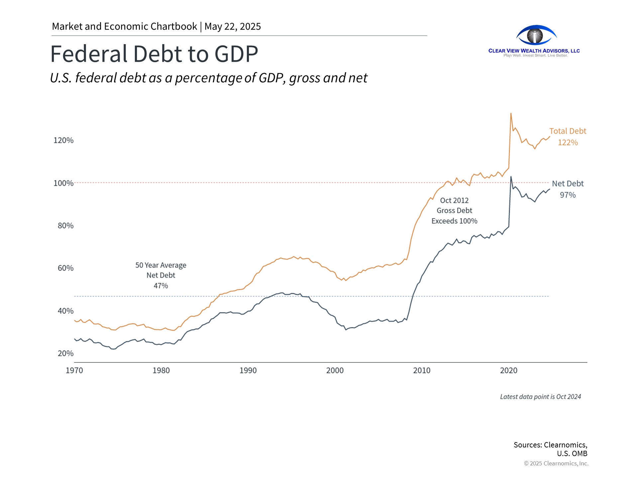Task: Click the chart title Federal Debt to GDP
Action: point(154,54)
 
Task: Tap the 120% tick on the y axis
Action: point(63,140)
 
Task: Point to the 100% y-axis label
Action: point(63,183)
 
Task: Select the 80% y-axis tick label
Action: point(65,226)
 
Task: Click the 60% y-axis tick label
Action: point(65,268)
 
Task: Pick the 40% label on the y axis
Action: point(65,311)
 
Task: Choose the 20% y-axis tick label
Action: point(65,354)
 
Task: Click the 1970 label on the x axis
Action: point(74,370)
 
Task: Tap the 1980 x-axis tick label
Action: point(161,370)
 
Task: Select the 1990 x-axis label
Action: point(248,370)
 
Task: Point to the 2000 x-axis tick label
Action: point(335,370)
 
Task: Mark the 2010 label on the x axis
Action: point(422,370)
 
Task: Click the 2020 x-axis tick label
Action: point(509,370)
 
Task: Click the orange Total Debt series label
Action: point(568,131)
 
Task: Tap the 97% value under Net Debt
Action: point(568,195)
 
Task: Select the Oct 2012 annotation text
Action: point(454,200)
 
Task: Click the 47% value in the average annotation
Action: point(161,286)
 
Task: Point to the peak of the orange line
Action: point(511,114)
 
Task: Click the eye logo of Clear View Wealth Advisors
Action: point(536,35)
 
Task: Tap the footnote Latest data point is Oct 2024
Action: point(540,397)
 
